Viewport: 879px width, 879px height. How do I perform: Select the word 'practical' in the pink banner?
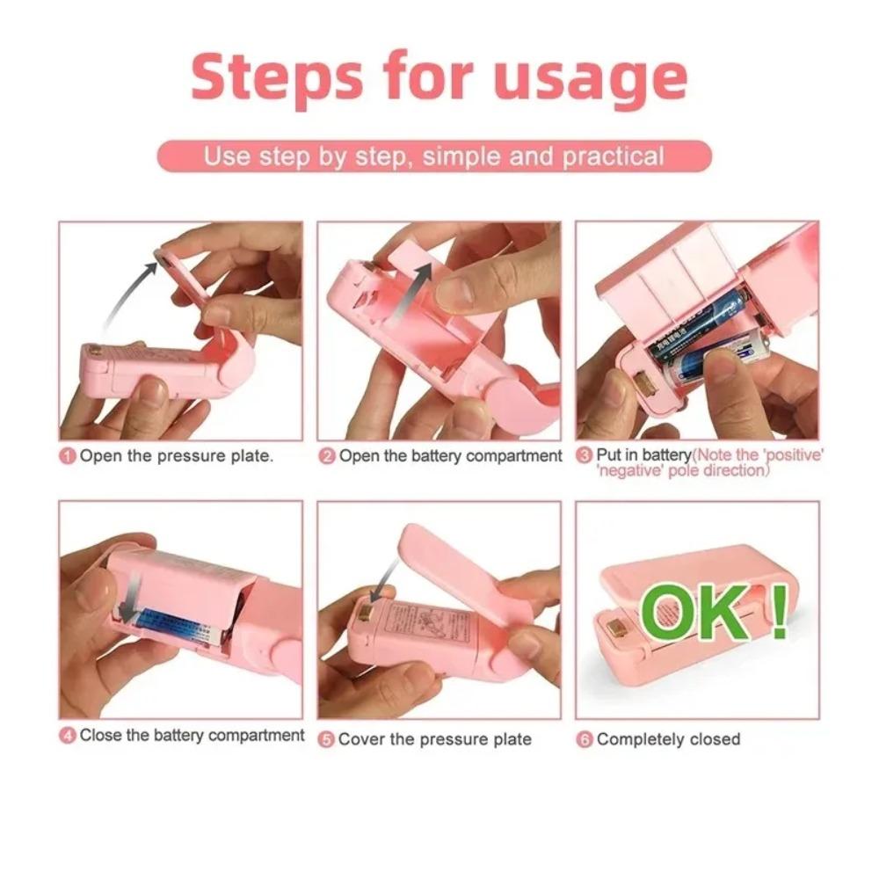pos(613,157)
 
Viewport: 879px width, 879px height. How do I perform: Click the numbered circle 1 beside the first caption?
pos(68,456)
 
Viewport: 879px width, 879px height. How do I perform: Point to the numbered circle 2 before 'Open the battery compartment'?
pos(327,456)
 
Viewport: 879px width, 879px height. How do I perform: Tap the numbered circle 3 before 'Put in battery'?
pos(585,455)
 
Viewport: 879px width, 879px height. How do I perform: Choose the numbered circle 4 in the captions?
pos(68,735)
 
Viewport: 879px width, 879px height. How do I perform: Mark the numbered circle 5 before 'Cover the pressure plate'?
pos(326,739)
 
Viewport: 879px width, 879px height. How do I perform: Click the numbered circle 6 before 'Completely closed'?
pos(585,739)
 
